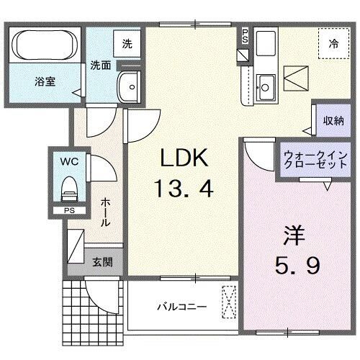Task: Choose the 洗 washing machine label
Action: [x=127, y=43]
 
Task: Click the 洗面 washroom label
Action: [x=100, y=64]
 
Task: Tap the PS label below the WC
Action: [x=68, y=210]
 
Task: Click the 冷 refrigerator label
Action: [x=333, y=42]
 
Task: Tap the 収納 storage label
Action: [x=333, y=120]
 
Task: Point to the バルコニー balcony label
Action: [x=182, y=305]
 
